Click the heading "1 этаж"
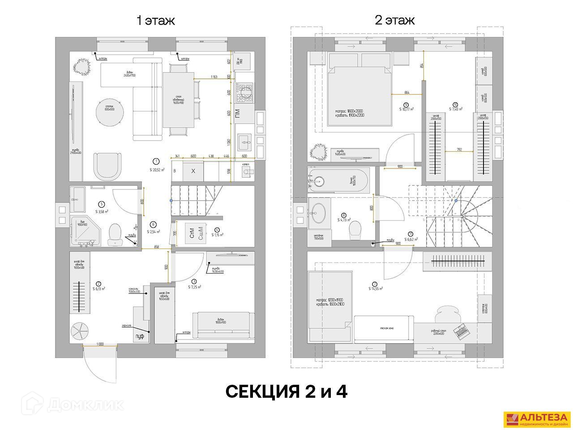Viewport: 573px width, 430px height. click(x=155, y=21)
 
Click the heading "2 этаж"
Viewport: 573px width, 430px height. click(x=394, y=21)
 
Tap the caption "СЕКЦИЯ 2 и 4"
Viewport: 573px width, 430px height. click(x=286, y=391)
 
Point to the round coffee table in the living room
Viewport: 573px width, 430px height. click(x=109, y=112)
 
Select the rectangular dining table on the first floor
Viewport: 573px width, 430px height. click(x=179, y=99)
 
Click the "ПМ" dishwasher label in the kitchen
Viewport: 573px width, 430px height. click(x=237, y=112)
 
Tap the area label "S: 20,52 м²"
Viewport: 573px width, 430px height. click(x=156, y=169)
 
